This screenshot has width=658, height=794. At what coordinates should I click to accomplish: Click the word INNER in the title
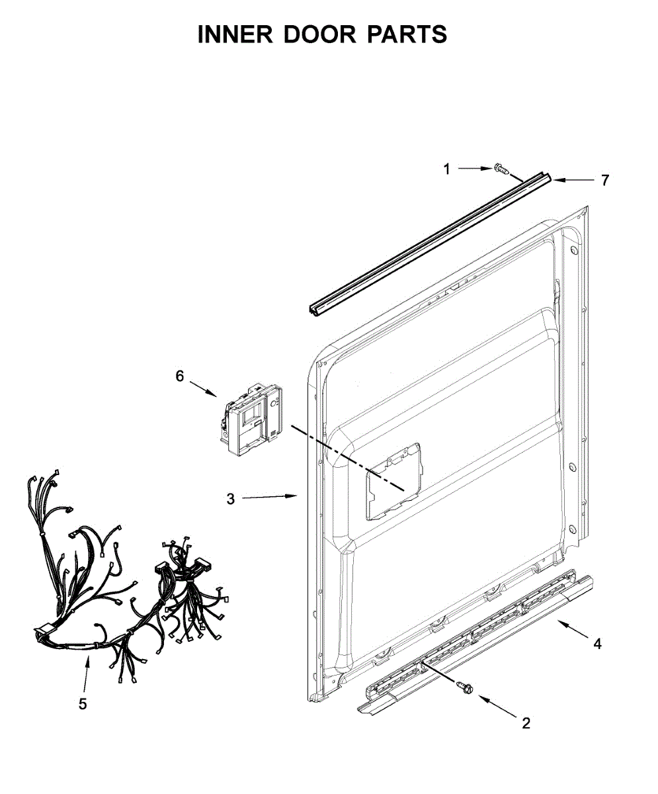point(235,35)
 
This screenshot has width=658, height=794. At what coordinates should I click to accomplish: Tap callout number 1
point(446,169)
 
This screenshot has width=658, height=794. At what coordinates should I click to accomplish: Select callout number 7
point(604,179)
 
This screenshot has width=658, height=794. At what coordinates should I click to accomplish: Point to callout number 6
point(179,376)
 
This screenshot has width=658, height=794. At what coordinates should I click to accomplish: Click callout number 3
point(230,499)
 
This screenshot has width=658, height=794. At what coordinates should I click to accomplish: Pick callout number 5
point(83,704)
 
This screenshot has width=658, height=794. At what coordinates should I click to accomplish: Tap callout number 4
point(597,642)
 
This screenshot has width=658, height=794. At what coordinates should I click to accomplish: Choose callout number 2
point(526,723)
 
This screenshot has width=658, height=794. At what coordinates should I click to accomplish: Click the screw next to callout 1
point(502,170)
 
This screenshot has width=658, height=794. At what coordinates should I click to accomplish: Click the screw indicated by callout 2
point(466,689)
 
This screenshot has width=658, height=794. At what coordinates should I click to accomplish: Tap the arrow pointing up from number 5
point(87,672)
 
